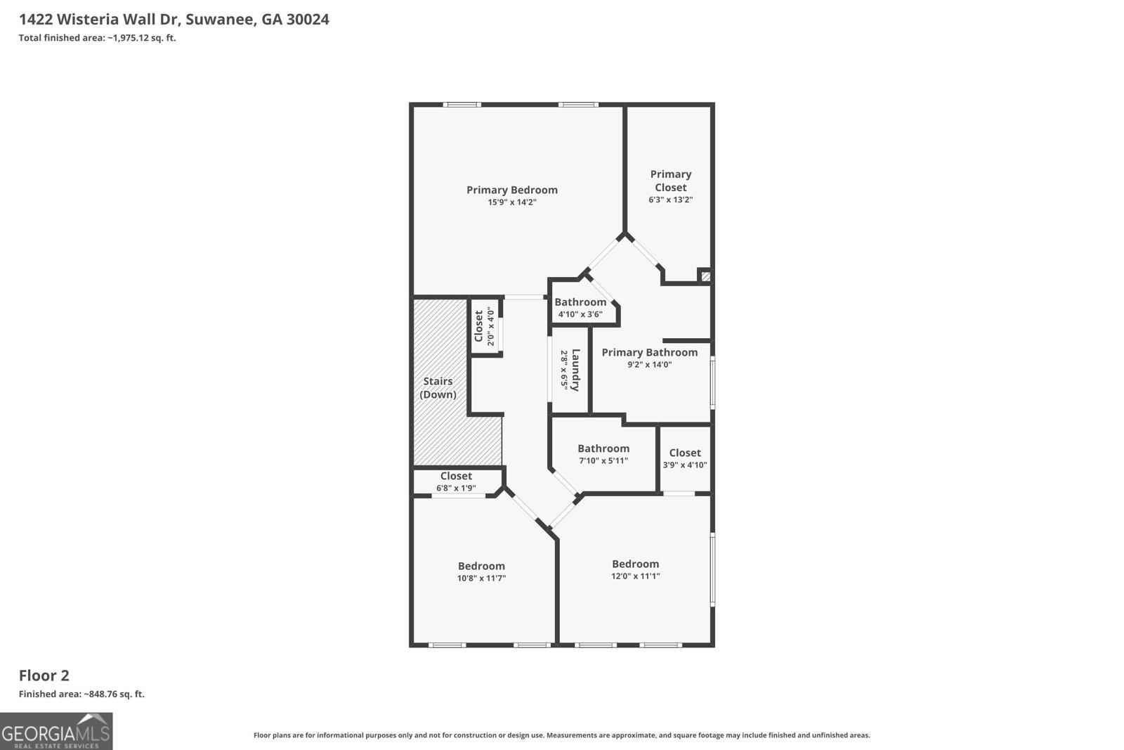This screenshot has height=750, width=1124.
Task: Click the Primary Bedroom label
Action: coord(511,190)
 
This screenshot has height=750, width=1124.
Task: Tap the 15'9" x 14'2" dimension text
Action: coord(512,202)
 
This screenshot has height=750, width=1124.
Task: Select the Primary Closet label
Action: coord(670,181)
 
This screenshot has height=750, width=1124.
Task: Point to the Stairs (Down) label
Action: coord(438,388)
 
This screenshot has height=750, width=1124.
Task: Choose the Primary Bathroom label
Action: coord(649,352)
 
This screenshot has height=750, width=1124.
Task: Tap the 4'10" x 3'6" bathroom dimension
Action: coord(580,314)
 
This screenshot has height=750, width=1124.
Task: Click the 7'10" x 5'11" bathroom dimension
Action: coord(603,461)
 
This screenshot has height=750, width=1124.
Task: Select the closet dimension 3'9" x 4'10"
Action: coord(684,465)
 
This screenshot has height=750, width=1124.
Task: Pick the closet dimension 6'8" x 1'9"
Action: coord(456,488)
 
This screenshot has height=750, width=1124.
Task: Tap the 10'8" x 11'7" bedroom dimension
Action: coord(481,578)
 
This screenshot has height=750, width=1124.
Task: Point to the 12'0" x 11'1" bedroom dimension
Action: coord(635,576)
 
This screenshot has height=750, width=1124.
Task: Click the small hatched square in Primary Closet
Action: coord(706,276)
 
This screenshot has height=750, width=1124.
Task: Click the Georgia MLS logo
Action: coord(55,732)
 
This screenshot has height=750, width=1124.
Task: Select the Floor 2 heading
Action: coord(44,675)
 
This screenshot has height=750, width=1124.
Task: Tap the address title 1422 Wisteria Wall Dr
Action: coord(174,20)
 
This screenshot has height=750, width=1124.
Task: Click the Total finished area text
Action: coord(97,38)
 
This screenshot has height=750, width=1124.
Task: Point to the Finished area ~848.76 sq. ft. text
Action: coord(81,694)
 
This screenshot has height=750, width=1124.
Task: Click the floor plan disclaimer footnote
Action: coord(561,735)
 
